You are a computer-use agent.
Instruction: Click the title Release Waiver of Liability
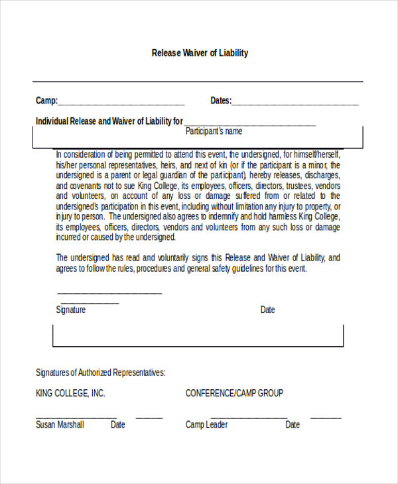tap(200, 53)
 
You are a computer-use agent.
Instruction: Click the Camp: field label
tap(46, 101)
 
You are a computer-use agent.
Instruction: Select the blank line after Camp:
tap(121, 105)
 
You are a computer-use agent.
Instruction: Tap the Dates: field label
tap(221, 101)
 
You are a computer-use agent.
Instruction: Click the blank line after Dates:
tap(295, 105)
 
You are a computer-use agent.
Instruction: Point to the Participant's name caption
tap(214, 131)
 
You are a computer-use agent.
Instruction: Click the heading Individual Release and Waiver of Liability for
tap(109, 121)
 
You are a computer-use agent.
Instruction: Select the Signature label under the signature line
tap(71, 310)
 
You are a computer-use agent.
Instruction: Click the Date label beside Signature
tap(267, 310)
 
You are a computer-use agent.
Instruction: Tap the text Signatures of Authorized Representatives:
tap(101, 373)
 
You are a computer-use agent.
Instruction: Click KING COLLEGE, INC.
tap(70, 393)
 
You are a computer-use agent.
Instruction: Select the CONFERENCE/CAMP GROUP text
tap(234, 393)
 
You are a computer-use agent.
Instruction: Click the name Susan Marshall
tap(60, 425)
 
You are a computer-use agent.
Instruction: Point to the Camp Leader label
tap(207, 425)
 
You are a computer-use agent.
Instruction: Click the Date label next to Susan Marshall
tap(118, 425)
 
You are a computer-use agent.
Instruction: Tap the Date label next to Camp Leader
tap(293, 425)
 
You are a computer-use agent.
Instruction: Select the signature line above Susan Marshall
tap(76, 418)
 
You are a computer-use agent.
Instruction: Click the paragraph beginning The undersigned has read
tap(198, 263)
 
